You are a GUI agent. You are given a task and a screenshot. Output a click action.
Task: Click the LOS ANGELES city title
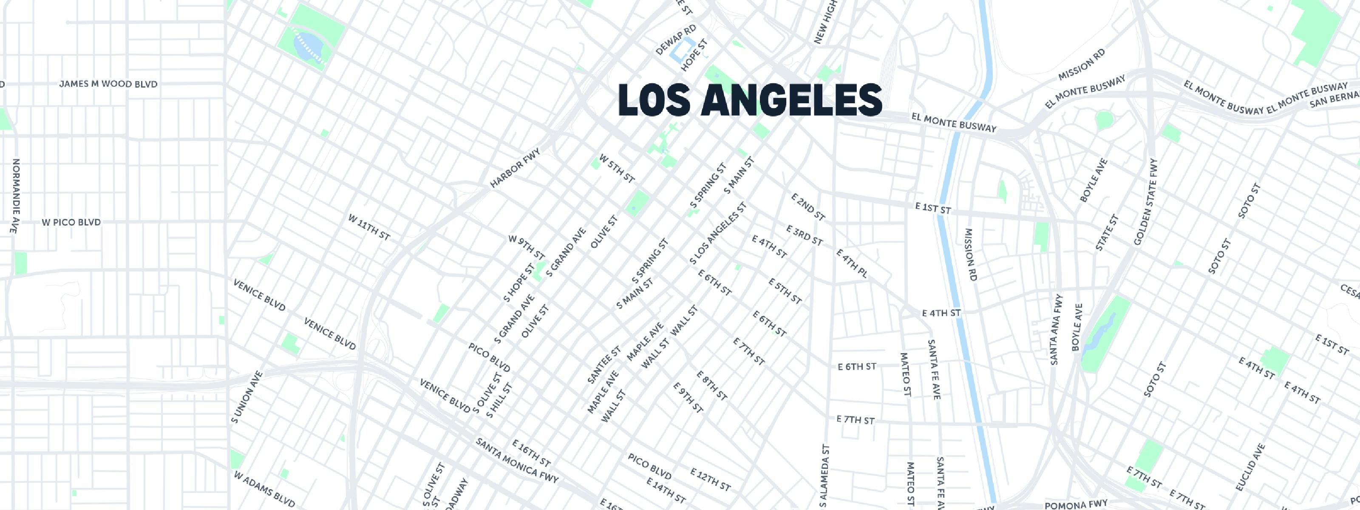pos(750,100)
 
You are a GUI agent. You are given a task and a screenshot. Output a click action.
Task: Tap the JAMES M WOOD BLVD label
pos(108,84)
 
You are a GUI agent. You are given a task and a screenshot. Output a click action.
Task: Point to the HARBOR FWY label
pos(515,168)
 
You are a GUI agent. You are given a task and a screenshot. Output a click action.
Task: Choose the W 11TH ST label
pos(368,227)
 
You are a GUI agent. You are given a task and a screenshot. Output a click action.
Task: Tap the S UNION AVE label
pos(246,397)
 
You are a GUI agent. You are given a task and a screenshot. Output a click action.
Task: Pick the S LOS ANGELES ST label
pos(718,233)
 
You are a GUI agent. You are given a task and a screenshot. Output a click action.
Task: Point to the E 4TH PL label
pos(852,263)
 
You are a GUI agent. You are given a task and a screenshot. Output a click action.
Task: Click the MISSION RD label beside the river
pos(971,255)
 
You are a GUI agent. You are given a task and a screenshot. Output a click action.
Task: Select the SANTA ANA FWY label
pos(1057,330)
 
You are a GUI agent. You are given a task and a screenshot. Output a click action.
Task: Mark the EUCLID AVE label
pos(1251,467)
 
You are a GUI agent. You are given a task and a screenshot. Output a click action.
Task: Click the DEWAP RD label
pos(676,40)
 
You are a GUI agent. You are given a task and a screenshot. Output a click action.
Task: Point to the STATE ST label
pos(1107,233)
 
